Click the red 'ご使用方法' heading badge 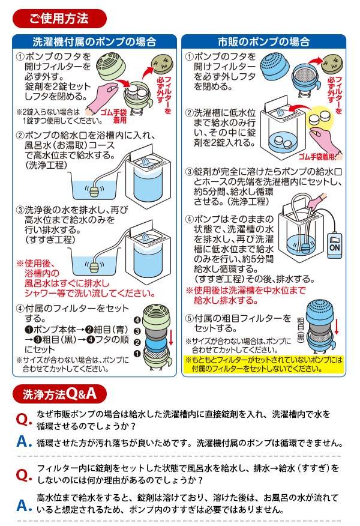click(x=59, y=19)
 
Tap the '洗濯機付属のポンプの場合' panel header click(x=94, y=41)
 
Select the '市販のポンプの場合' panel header click(x=263, y=41)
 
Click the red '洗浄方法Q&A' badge click(x=59, y=394)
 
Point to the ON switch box click(x=335, y=245)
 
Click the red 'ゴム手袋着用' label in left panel click(x=113, y=116)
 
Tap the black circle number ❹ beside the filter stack click(x=137, y=320)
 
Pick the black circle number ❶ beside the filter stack click(x=137, y=354)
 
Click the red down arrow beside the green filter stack click(x=171, y=337)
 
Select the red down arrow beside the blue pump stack click(x=337, y=325)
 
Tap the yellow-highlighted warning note click(x=264, y=364)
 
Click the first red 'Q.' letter click(x=24, y=419)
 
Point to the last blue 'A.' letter click(x=24, y=505)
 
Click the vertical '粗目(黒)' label click(x=301, y=330)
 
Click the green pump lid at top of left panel click(x=111, y=64)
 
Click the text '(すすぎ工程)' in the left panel click(x=50, y=240)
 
